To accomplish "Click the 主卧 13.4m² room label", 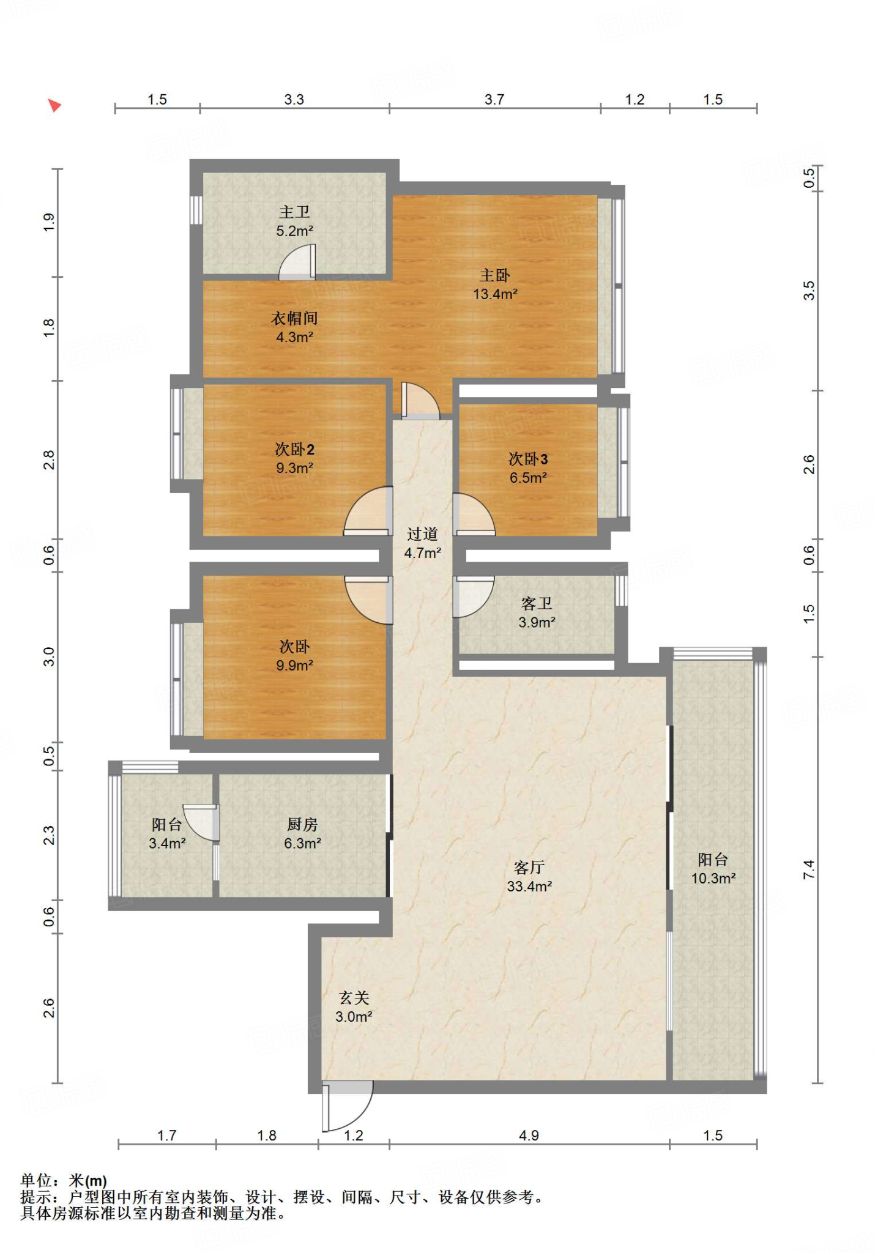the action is click(495, 284).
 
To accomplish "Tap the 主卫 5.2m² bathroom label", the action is click(295, 221).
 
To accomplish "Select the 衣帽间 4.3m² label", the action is click(294, 327).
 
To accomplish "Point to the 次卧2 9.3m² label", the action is click(294, 458).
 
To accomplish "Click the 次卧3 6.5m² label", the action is click(528, 468).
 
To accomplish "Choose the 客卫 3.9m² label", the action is click(537, 612).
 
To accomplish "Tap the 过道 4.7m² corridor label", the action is click(422, 543).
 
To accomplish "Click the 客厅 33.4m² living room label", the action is click(529, 876).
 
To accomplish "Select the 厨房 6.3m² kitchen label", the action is click(302, 833).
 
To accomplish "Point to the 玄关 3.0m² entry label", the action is click(354, 1007).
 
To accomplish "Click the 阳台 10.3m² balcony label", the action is click(713, 869).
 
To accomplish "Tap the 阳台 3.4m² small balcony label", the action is click(167, 833).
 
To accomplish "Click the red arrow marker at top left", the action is click(54, 105).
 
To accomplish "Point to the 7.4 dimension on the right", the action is click(809, 869).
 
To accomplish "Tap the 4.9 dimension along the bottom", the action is click(529, 1136).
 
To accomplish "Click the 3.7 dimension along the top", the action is click(494, 99).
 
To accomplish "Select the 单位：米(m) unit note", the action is click(64, 1180).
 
